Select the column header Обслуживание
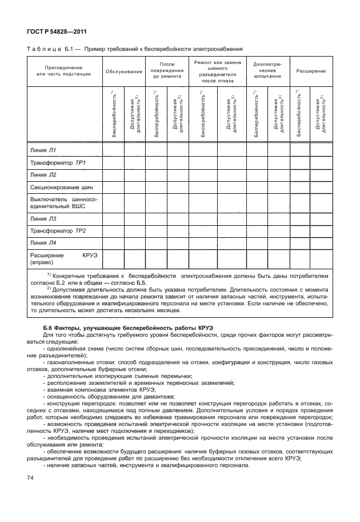(x=123, y=71)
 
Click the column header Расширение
(x=311, y=71)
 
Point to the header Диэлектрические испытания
(x=267, y=71)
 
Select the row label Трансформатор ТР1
(x=57, y=163)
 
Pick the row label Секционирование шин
(x=61, y=188)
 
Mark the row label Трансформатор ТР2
(x=57, y=230)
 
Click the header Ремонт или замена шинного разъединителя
(x=218, y=71)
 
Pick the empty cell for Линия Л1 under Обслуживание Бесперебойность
(x=113, y=150)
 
